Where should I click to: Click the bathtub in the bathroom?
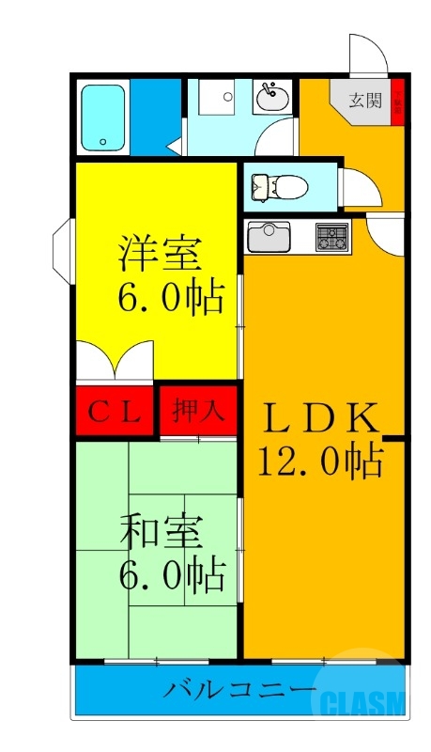click(x=102, y=117)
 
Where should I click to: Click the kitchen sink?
click(x=269, y=236)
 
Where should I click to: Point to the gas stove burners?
click(x=331, y=237)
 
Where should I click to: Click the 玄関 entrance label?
click(x=365, y=101)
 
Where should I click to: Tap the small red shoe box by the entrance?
click(x=398, y=100)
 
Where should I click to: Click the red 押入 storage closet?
click(x=197, y=411)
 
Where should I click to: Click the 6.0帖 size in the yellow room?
click(x=170, y=298)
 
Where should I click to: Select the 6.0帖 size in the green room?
click(x=170, y=572)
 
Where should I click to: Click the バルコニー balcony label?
click(x=240, y=691)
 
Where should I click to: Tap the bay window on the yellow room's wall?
click(x=62, y=250)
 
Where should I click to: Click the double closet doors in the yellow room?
click(x=115, y=361)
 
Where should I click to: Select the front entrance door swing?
click(x=368, y=55)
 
